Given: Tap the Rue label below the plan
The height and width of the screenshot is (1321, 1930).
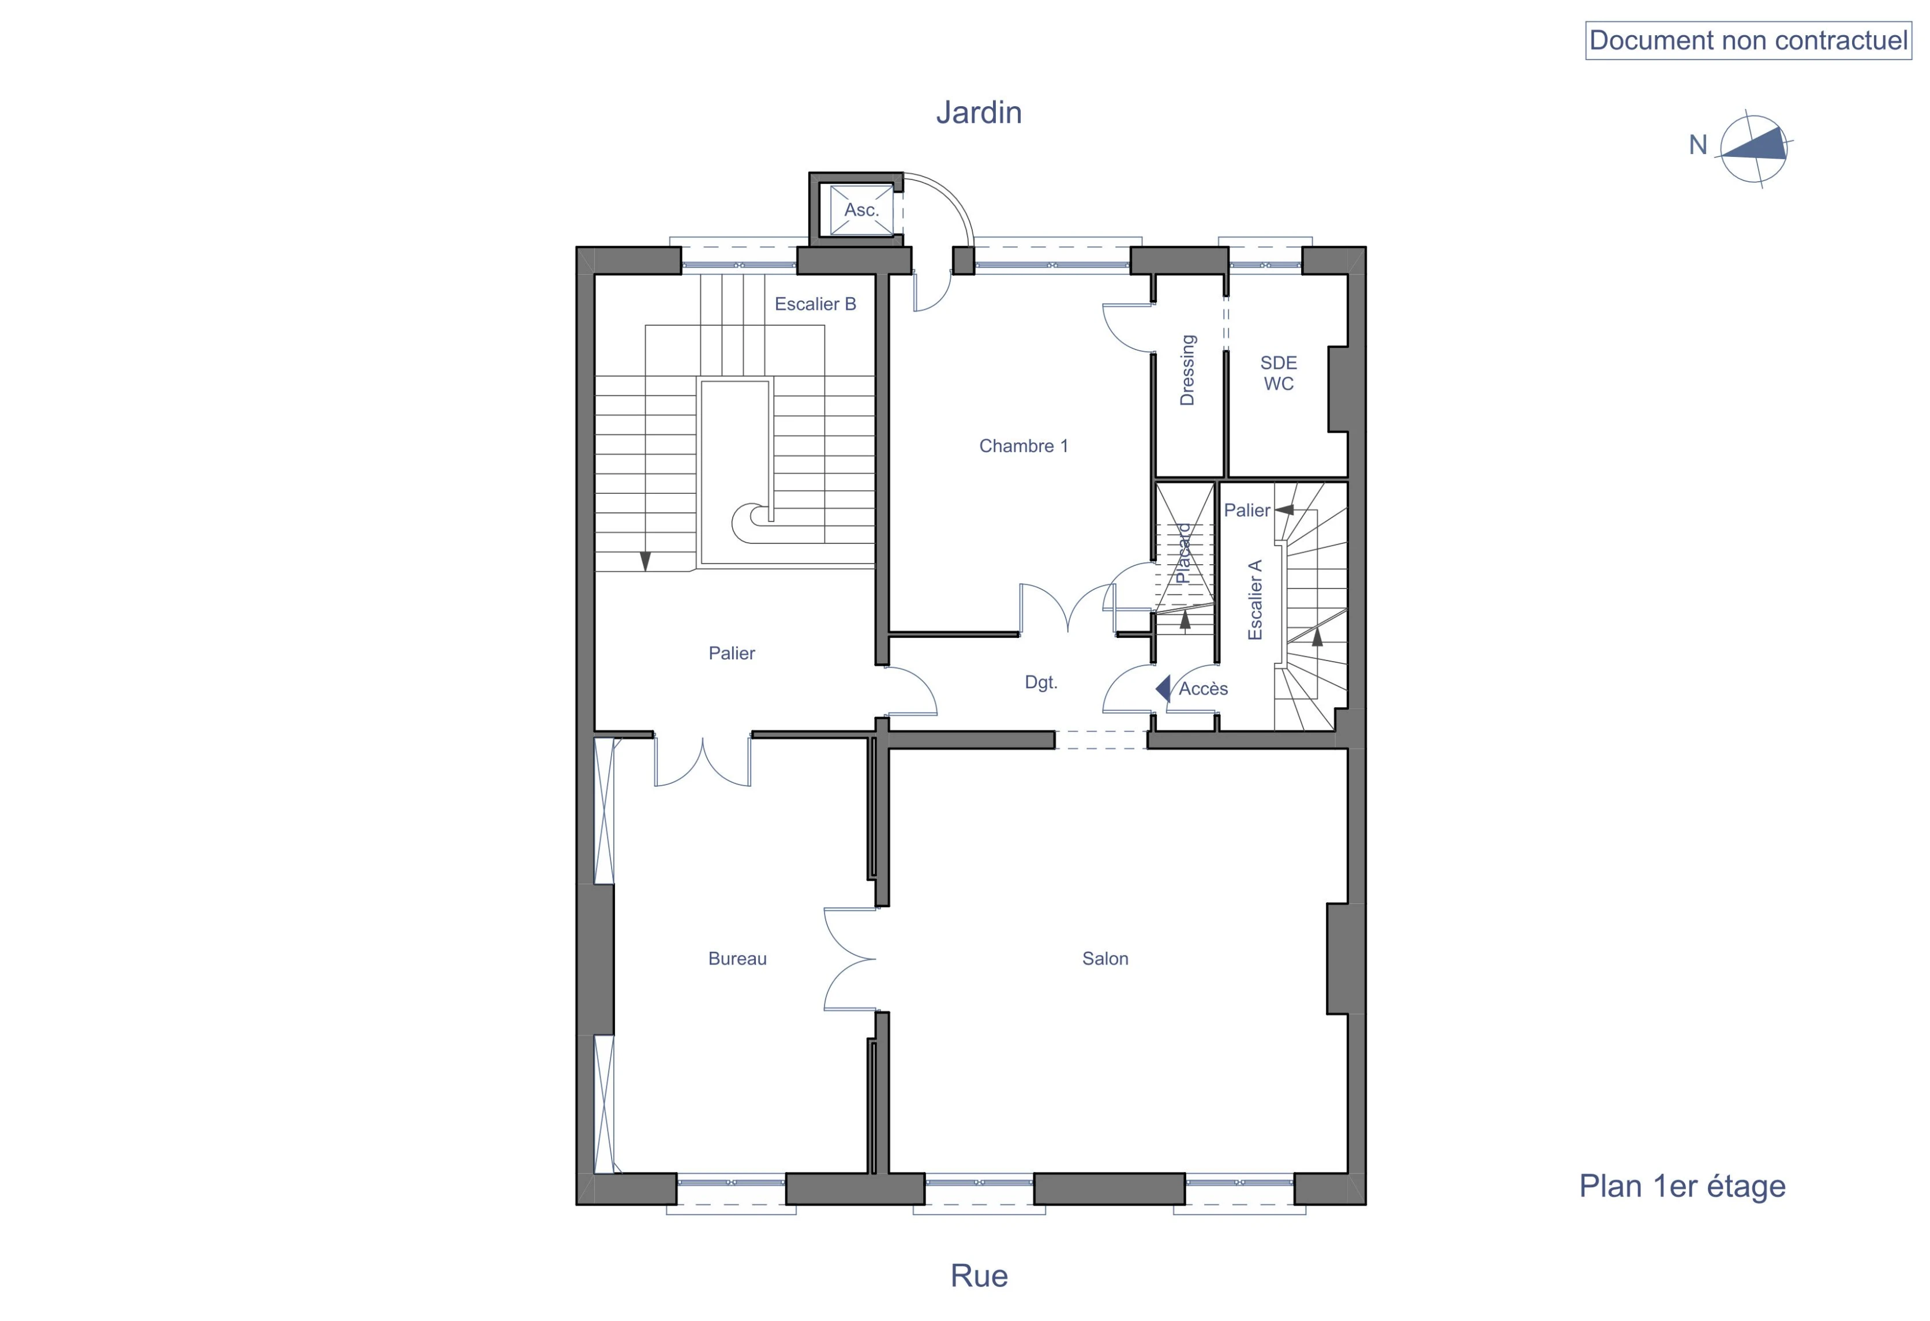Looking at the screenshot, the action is pyautogui.click(x=979, y=1275).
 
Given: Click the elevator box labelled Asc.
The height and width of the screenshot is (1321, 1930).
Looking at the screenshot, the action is pyautogui.click(x=861, y=210).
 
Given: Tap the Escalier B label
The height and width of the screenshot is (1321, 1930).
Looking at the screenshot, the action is pyautogui.click(x=815, y=304).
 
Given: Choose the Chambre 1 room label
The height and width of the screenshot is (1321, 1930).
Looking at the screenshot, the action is pyautogui.click(x=1023, y=446).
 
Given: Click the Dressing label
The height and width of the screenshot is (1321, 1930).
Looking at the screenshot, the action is pyautogui.click(x=1187, y=370).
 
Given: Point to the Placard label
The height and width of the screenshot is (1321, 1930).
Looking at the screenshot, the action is pyautogui.click(x=1183, y=553).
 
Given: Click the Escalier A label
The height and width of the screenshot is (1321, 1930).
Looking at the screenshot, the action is pyautogui.click(x=1255, y=599).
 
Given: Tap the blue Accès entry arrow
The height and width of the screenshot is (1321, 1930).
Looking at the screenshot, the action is pyautogui.click(x=1163, y=688).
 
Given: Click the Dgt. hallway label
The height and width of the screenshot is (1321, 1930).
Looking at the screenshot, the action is pyautogui.click(x=1040, y=682).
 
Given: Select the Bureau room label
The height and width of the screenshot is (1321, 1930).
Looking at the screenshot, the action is pyautogui.click(x=737, y=959).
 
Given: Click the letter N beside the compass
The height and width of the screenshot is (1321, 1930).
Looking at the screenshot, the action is pyautogui.click(x=1697, y=145).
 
